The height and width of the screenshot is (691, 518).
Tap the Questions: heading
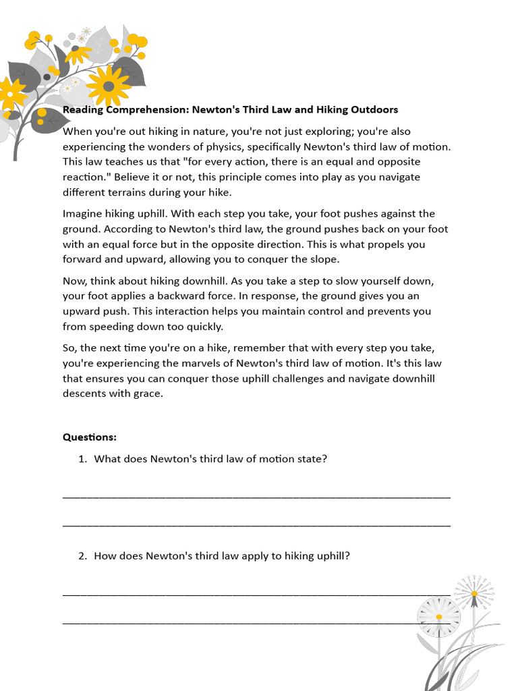coord(90,437)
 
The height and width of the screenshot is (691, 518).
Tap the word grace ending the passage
coord(148,393)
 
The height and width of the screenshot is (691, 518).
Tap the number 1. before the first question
coord(82,459)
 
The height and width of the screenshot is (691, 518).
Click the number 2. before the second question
coord(82,556)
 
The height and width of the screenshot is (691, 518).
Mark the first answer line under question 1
coord(256,496)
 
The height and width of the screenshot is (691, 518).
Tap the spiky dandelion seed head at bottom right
coord(473,593)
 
